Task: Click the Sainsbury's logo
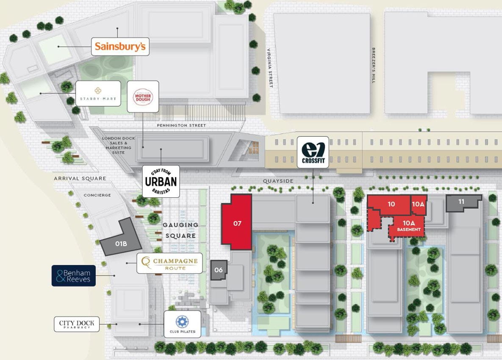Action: coord(120,46)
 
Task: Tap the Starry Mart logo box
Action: coord(98,93)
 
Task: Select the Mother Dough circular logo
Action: coord(143,96)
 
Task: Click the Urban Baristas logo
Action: coord(161,181)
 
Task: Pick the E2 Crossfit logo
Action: coord(313,152)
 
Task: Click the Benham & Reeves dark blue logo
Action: coord(74,276)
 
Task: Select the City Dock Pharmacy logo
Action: coord(77,324)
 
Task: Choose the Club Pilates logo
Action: coord(182,324)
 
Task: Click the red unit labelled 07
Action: coord(237,222)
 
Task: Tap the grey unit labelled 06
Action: coord(219,270)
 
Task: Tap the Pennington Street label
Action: coord(181,125)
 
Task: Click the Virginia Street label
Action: coord(268,67)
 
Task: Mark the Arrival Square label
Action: coord(80,178)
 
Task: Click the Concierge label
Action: coord(97,195)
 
